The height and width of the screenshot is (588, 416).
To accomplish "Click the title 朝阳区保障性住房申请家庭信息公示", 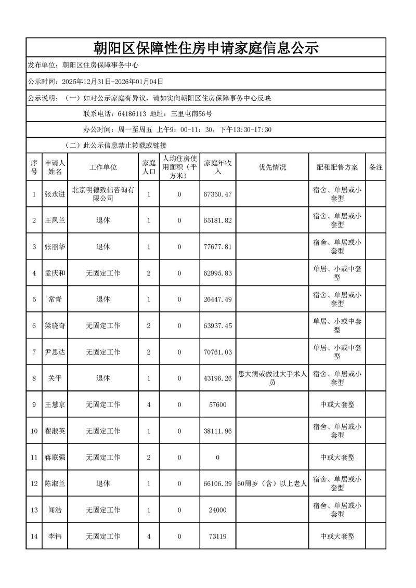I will (x=205, y=48).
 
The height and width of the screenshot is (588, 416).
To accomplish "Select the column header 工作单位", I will (x=103, y=167).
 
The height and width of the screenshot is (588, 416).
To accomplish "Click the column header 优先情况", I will (x=272, y=167).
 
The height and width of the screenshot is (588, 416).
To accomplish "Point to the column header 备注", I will (x=375, y=167).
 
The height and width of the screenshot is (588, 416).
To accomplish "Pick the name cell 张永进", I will (x=55, y=194).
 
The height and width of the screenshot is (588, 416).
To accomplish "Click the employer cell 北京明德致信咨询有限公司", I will (x=103, y=194).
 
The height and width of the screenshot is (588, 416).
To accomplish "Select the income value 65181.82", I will (x=218, y=220).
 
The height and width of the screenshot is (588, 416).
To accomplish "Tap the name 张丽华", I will (x=55, y=247).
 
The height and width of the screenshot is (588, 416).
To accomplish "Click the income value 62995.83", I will (x=218, y=273).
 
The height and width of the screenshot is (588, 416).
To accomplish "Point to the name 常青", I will (x=55, y=299).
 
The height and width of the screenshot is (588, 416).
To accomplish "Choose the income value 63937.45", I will (x=218, y=326).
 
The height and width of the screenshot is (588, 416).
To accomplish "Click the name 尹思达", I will (x=55, y=352).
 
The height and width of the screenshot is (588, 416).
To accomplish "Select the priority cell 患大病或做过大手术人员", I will (x=272, y=378).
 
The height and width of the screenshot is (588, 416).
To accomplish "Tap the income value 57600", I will (x=218, y=404).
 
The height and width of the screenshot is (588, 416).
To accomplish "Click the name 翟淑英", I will (x=55, y=431).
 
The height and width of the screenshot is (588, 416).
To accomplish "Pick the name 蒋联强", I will (x=55, y=458).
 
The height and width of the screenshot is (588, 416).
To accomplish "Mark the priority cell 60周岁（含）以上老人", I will (x=272, y=484).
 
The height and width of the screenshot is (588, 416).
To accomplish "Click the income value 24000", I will (x=218, y=510).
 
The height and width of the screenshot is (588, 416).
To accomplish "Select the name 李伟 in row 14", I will (x=55, y=536).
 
